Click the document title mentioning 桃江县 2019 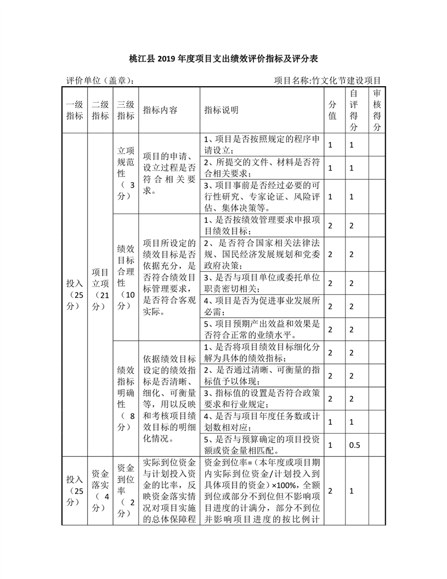tap(223, 58)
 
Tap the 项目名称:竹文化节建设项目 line tap(327, 80)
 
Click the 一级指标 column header tap(75, 110)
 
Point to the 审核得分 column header tap(377, 110)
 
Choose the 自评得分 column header tap(354, 110)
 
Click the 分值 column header tap(332, 110)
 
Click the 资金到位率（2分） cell tap(126, 490)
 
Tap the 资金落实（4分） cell tap(100, 490)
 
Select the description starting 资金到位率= tap(262, 490)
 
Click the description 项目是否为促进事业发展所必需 tap(262, 306)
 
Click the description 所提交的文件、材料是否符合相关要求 tap(262, 167)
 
